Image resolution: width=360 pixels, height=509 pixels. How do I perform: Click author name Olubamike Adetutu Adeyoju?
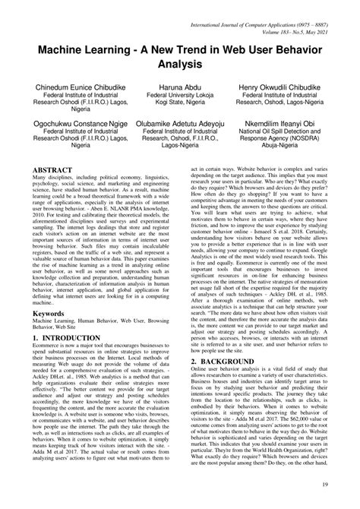180,122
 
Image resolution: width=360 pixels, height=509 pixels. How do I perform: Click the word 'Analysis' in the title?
179,65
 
